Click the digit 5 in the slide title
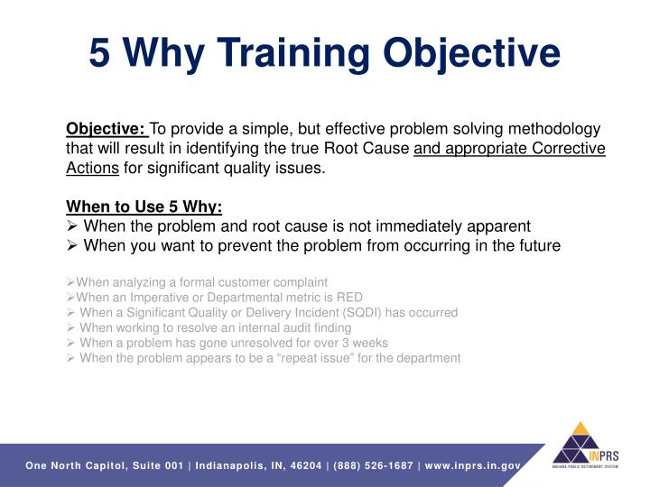pyautogui.click(x=100, y=52)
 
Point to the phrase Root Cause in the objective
pyautogui.click(x=372, y=148)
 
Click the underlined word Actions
pyautogui.click(x=92, y=168)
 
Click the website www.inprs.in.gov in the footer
pyautogui.click(x=471, y=465)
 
